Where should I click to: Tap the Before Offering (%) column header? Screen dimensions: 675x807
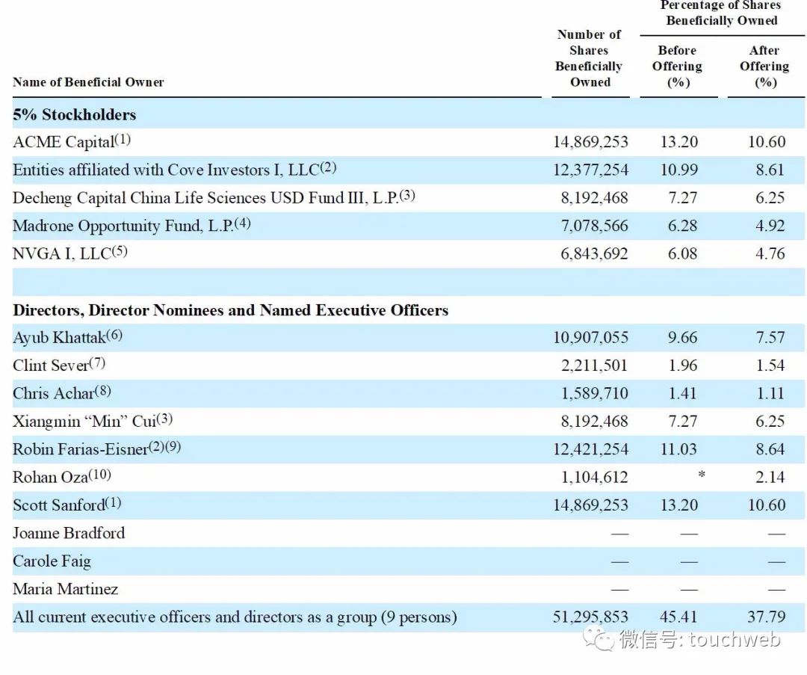pyautogui.click(x=678, y=67)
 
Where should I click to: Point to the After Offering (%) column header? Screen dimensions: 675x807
pyautogui.click(x=764, y=67)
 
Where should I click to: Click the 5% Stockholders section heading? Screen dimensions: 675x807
pyautogui.click(x=74, y=114)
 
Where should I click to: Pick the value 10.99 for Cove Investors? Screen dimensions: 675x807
pyautogui.click(x=678, y=170)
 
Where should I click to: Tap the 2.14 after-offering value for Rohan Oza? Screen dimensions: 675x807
pyautogui.click(x=770, y=477)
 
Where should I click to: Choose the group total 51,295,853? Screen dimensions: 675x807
pyautogui.click(x=590, y=617)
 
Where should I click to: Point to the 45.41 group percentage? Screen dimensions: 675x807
pyautogui.click(x=678, y=617)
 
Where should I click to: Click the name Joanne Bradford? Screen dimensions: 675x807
pyautogui.click(x=69, y=533)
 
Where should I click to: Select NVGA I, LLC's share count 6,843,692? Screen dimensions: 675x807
pyautogui.click(x=594, y=253)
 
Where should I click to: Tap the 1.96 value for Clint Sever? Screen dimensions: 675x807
pyautogui.click(x=683, y=366)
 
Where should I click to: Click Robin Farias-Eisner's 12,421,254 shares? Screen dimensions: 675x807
pyautogui.click(x=590, y=449)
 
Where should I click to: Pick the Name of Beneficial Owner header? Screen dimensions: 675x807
pyautogui.click(x=88, y=82)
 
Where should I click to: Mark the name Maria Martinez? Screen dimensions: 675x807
pyautogui.click(x=65, y=589)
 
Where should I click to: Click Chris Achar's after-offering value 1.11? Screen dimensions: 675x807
pyautogui.click(x=770, y=393)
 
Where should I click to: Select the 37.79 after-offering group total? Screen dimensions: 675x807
pyautogui.click(x=767, y=617)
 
